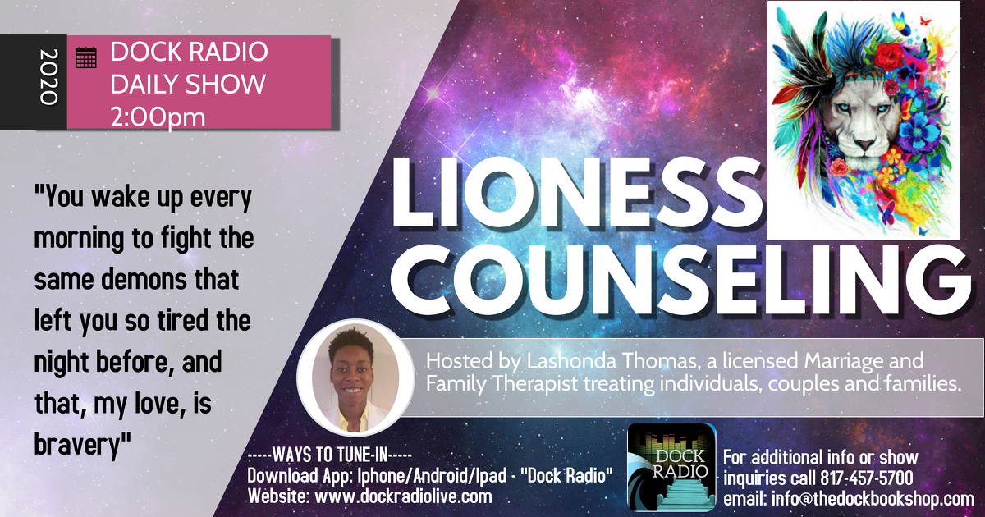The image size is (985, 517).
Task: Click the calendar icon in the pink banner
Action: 85,57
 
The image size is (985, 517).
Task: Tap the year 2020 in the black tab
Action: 48,77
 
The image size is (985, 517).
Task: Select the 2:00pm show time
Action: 158,117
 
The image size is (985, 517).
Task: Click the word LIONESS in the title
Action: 576,194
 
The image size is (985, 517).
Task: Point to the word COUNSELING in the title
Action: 680,278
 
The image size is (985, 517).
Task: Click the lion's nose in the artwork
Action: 864,144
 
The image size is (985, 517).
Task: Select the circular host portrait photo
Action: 355,377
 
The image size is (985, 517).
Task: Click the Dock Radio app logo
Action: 671,467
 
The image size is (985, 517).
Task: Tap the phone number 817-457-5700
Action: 866,478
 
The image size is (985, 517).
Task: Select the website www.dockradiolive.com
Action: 403,496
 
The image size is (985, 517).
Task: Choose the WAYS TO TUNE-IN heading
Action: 330,455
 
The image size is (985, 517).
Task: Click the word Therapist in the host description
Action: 534,383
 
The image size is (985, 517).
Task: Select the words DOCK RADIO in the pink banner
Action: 189,52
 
